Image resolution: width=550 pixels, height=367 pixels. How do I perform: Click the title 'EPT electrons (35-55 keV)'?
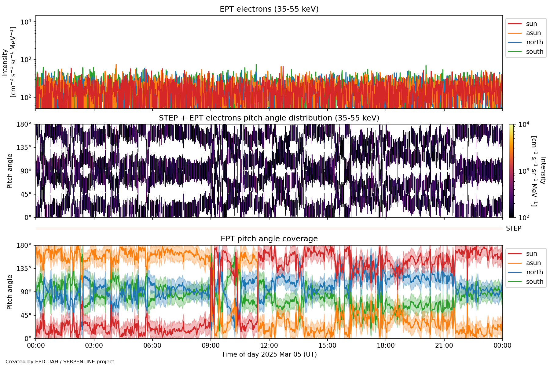(269, 9)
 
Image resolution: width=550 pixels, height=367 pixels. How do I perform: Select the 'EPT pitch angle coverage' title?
(269, 239)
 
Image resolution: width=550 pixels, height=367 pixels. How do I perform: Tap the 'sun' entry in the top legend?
(531, 24)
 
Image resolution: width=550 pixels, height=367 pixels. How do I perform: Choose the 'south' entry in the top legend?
(534, 52)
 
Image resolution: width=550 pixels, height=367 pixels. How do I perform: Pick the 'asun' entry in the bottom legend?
(533, 263)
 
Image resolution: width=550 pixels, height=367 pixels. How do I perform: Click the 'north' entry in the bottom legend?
(534, 272)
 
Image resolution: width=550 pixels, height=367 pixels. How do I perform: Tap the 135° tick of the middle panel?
(24, 148)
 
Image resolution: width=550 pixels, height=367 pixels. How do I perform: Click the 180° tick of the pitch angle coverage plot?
(24, 246)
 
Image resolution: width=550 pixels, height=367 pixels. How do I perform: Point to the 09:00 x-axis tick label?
(211, 346)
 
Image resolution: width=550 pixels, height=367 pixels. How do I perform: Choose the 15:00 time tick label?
(328, 346)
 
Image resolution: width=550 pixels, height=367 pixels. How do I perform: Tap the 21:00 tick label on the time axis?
(444, 346)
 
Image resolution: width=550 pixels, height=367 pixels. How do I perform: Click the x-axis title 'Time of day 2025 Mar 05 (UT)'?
(269, 354)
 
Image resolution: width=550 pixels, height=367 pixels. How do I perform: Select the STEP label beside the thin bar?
(514, 228)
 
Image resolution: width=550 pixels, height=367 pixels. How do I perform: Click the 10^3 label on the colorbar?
(524, 171)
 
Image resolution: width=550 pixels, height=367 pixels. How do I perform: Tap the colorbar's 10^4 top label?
(524, 124)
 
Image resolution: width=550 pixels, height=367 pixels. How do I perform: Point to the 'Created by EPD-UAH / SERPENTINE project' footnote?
(60, 362)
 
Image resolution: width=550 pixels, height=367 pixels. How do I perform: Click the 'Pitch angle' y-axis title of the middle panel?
(10, 171)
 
